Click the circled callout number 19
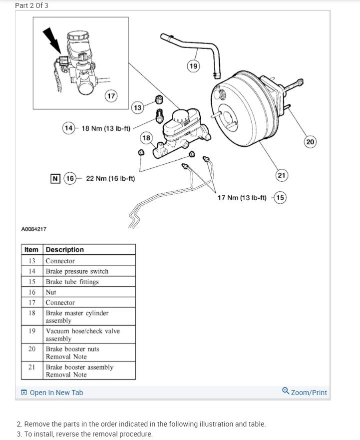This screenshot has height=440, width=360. click(x=194, y=66)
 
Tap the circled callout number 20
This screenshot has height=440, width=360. click(x=310, y=142)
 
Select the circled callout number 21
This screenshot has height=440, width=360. click(x=282, y=175)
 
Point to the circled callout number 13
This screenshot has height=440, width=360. click(x=138, y=107)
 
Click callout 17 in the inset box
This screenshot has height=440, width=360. click(x=111, y=96)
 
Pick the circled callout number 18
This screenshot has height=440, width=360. click(x=146, y=137)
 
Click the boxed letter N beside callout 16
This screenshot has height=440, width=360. click(x=55, y=178)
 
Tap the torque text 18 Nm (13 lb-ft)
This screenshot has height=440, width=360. click(x=105, y=128)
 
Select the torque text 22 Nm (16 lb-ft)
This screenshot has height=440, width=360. click(x=110, y=178)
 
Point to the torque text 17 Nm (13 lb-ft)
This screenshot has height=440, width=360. click(x=242, y=197)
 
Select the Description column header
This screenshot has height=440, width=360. click(x=65, y=250)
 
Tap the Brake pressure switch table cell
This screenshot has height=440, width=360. click(x=77, y=271)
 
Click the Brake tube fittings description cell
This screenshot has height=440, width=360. click(x=72, y=282)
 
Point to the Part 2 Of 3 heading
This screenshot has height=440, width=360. click(x=32, y=5)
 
